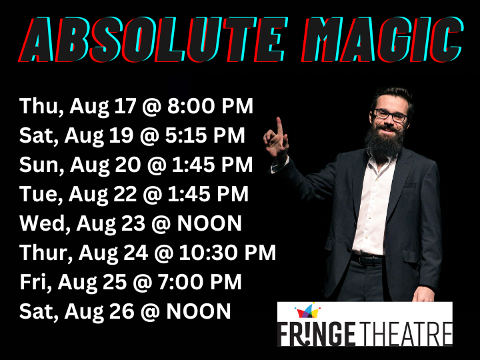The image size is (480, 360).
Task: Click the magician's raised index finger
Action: click(279, 127)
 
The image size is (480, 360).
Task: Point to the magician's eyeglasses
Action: click(390, 115)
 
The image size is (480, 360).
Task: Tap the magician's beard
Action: click(383, 140)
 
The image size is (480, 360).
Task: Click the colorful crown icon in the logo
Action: click(308, 311)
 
